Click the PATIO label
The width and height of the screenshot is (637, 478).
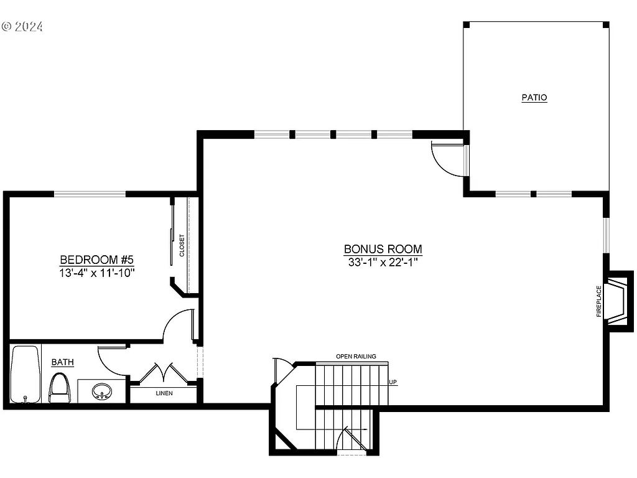[x=534, y=98]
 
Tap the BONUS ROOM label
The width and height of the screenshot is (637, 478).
[x=383, y=249]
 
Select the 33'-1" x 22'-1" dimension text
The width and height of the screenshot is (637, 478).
[x=383, y=263]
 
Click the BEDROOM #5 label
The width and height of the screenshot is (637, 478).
[x=97, y=260]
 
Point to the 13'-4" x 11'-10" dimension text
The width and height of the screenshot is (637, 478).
[x=97, y=273]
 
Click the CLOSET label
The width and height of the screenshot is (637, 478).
[x=182, y=246]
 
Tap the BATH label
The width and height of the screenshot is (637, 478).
[x=62, y=362]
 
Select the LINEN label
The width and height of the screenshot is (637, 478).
[x=164, y=393]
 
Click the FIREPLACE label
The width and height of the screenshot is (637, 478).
[x=599, y=301]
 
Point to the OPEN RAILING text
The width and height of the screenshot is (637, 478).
[x=356, y=357]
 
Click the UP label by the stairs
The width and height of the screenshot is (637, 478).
[x=393, y=382]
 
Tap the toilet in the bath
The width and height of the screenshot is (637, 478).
[x=60, y=387]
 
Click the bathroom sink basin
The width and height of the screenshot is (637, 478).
[x=101, y=392]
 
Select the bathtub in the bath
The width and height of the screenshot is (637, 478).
[x=25, y=375]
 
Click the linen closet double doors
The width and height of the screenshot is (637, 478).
[x=163, y=373]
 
